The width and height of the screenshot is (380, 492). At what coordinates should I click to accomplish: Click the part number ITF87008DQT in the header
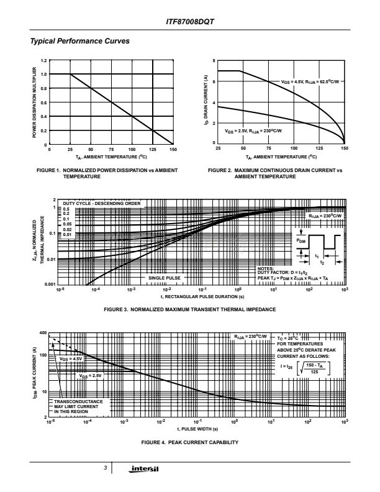190,22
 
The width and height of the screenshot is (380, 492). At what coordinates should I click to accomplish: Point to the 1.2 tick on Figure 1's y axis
43,60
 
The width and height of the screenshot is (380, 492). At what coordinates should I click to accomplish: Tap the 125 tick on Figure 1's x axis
152,150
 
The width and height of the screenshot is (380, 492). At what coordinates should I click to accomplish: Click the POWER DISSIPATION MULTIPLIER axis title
34,102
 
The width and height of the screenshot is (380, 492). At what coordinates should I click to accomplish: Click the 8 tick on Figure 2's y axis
214,60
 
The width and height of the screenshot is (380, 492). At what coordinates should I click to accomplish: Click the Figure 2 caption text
275,173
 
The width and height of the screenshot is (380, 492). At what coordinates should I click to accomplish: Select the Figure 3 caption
190,309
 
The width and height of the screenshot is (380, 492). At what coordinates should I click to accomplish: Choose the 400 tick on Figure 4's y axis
43,334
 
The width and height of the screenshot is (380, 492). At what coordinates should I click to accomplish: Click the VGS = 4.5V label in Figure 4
71,358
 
